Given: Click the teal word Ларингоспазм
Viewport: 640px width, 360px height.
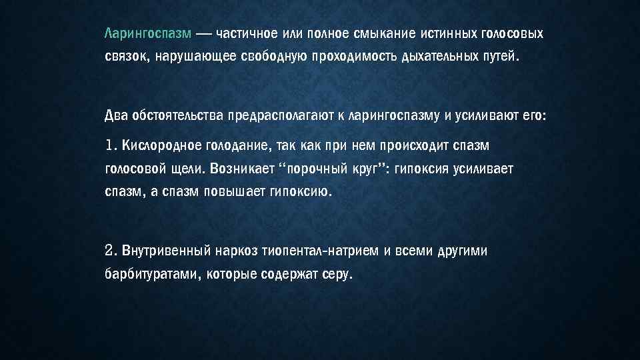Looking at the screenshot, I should pos(148,33).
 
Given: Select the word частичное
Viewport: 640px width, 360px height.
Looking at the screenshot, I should pos(247,33).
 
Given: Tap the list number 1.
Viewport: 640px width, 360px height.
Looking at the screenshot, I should pos(111,145).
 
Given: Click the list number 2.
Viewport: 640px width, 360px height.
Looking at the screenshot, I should pos(111,251).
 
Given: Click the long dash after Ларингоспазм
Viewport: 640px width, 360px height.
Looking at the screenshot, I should pos(205,33).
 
